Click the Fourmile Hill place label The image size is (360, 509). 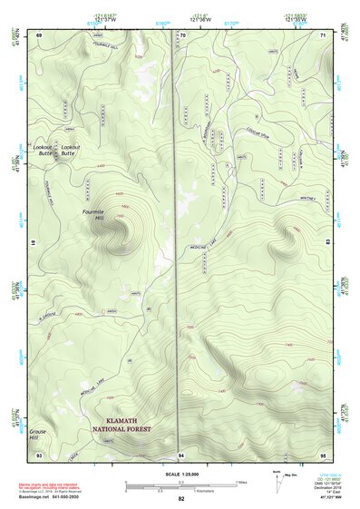pos(93,214)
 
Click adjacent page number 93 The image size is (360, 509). pos(39,453)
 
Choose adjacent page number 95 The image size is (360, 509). pos(322,453)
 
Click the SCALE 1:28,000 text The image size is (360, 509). pos(180,475)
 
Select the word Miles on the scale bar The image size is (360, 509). pos(240,482)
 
